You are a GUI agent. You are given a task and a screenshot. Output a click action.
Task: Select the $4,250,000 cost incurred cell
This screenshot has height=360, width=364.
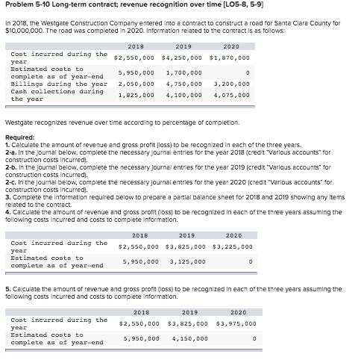click(182, 57)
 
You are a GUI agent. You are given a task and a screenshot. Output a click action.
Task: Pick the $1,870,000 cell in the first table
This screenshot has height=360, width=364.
click(229, 57)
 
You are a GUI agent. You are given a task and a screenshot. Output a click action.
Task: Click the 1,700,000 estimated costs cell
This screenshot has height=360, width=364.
click(183, 73)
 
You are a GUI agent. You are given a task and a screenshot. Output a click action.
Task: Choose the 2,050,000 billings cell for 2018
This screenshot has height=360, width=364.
click(136, 84)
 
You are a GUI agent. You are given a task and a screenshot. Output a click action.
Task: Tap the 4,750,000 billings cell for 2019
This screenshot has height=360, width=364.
click(183, 84)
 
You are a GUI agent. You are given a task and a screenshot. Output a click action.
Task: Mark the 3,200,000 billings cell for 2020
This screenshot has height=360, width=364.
click(230, 84)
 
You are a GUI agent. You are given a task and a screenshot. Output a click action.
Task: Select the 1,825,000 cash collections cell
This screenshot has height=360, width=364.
click(136, 95)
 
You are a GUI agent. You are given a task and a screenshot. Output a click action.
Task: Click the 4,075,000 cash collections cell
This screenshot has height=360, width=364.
click(230, 95)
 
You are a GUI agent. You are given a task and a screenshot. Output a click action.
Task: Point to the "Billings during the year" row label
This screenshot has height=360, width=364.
click(57, 84)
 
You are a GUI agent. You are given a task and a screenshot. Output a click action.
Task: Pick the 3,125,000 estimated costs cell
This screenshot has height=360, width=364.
click(186, 261)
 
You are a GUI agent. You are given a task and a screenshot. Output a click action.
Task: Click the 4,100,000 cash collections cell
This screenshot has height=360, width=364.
click(183, 95)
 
